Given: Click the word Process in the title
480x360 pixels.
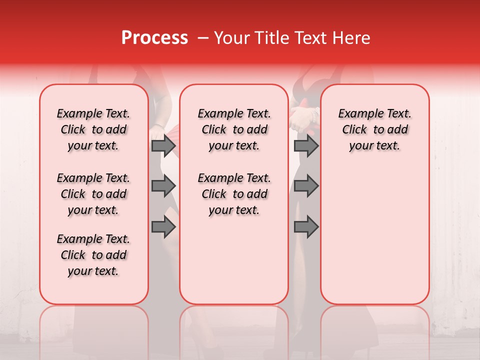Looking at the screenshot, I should tap(154, 38).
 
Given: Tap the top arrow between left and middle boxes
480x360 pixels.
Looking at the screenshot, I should tap(163, 145).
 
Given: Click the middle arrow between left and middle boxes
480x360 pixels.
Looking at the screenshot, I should tap(163, 186).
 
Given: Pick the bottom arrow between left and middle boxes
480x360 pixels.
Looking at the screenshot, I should tap(163, 227).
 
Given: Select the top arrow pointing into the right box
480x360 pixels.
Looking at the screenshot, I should tap(306, 145).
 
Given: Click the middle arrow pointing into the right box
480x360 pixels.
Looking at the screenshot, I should tap(306, 186).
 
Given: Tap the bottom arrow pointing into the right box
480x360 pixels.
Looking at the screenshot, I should tap(306, 227).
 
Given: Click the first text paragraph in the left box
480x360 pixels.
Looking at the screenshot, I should tap(93, 129).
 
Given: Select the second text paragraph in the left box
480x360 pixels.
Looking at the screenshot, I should tap(93, 194).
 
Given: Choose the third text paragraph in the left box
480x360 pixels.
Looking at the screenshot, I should tap(93, 255).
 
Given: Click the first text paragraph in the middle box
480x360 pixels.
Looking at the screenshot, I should tap(234, 129).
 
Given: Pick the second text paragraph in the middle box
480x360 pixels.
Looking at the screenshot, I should tap(234, 194).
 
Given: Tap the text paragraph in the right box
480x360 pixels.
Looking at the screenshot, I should tap(374, 129).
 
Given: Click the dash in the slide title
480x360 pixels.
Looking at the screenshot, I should tap(202, 38).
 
